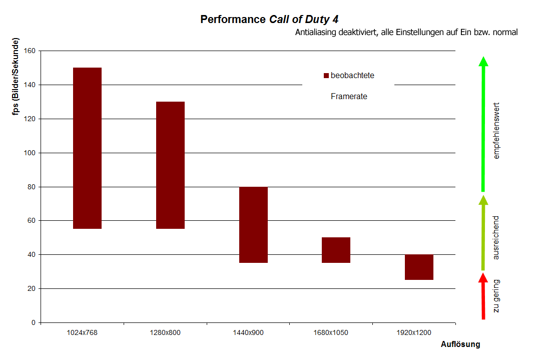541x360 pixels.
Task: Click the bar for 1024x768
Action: tap(88, 148)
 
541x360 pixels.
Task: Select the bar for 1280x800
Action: tap(171, 165)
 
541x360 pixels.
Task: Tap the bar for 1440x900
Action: tap(253, 225)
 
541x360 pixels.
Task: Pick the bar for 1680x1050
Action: tap(336, 250)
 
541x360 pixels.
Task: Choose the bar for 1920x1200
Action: tap(419, 267)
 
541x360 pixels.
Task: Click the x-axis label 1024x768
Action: tap(82, 333)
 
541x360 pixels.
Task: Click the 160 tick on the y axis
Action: tap(29, 51)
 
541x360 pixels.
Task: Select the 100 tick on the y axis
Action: tap(29, 153)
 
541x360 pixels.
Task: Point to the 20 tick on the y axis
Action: tap(31, 289)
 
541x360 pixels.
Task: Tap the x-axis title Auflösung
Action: tap(460, 344)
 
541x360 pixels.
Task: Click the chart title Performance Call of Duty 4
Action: tap(269, 20)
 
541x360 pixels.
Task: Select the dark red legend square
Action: tap(326, 76)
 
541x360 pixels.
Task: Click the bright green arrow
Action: tap(483, 125)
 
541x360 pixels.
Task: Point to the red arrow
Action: tap(483, 298)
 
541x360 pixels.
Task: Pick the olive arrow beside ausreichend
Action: tap(483, 233)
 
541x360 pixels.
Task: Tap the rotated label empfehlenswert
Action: tap(496, 131)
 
